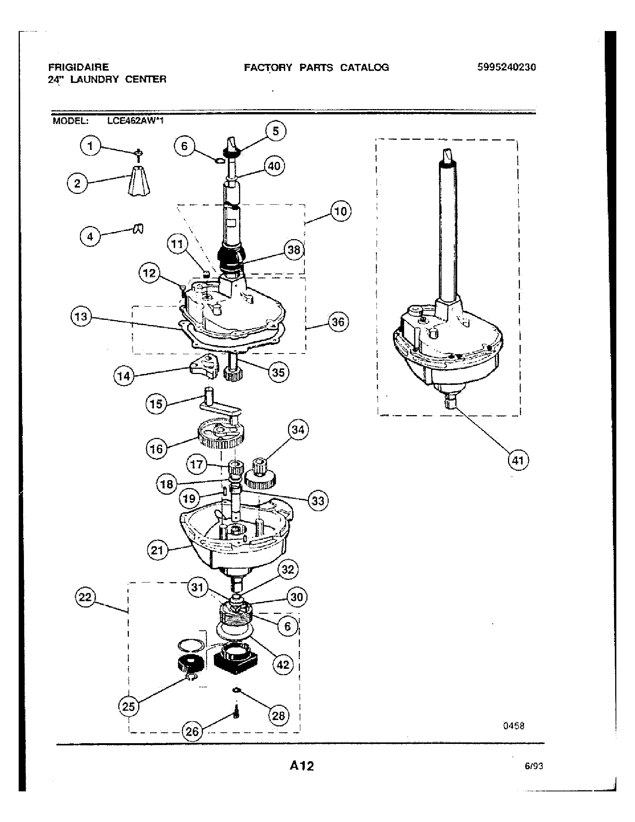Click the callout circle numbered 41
pyautogui.click(x=518, y=460)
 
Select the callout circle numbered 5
pyautogui.click(x=276, y=132)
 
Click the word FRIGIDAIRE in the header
pyautogui.click(x=78, y=67)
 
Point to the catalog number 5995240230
pyautogui.click(x=507, y=67)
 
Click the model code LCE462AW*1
pyautogui.click(x=135, y=121)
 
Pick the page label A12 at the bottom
pyautogui.click(x=301, y=766)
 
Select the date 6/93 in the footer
pyautogui.click(x=534, y=766)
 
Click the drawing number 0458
pyautogui.click(x=514, y=726)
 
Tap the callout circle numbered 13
pyautogui.click(x=81, y=316)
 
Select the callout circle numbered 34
pyautogui.click(x=298, y=430)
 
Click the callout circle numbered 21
pyautogui.click(x=157, y=551)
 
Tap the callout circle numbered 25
pyautogui.click(x=128, y=707)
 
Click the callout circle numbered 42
pyautogui.click(x=283, y=665)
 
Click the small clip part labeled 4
pyautogui.click(x=139, y=228)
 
